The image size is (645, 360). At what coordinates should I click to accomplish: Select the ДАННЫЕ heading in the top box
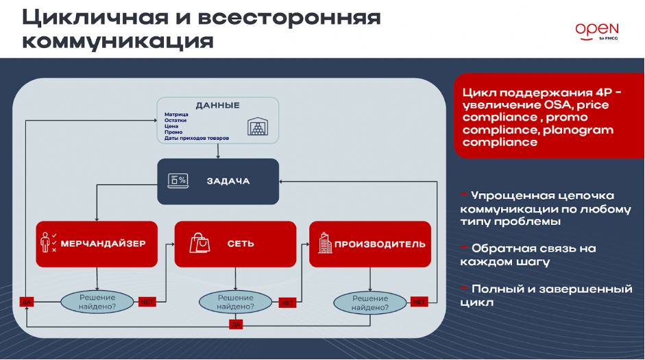[217, 106]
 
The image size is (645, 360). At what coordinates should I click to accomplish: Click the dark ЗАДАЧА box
[219, 182]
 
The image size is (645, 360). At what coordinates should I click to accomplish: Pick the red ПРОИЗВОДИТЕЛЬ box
[370, 243]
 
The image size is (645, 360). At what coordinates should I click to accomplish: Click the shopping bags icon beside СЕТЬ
[200, 243]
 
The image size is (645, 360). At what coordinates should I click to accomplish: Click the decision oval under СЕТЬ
[236, 302]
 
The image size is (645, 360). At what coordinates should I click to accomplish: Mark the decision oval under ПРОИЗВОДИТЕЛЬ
[370, 302]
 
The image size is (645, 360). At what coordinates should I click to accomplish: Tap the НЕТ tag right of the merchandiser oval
[147, 302]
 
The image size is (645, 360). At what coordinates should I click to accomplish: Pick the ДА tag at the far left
[26, 302]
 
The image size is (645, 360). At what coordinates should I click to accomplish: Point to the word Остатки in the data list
[175, 120]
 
